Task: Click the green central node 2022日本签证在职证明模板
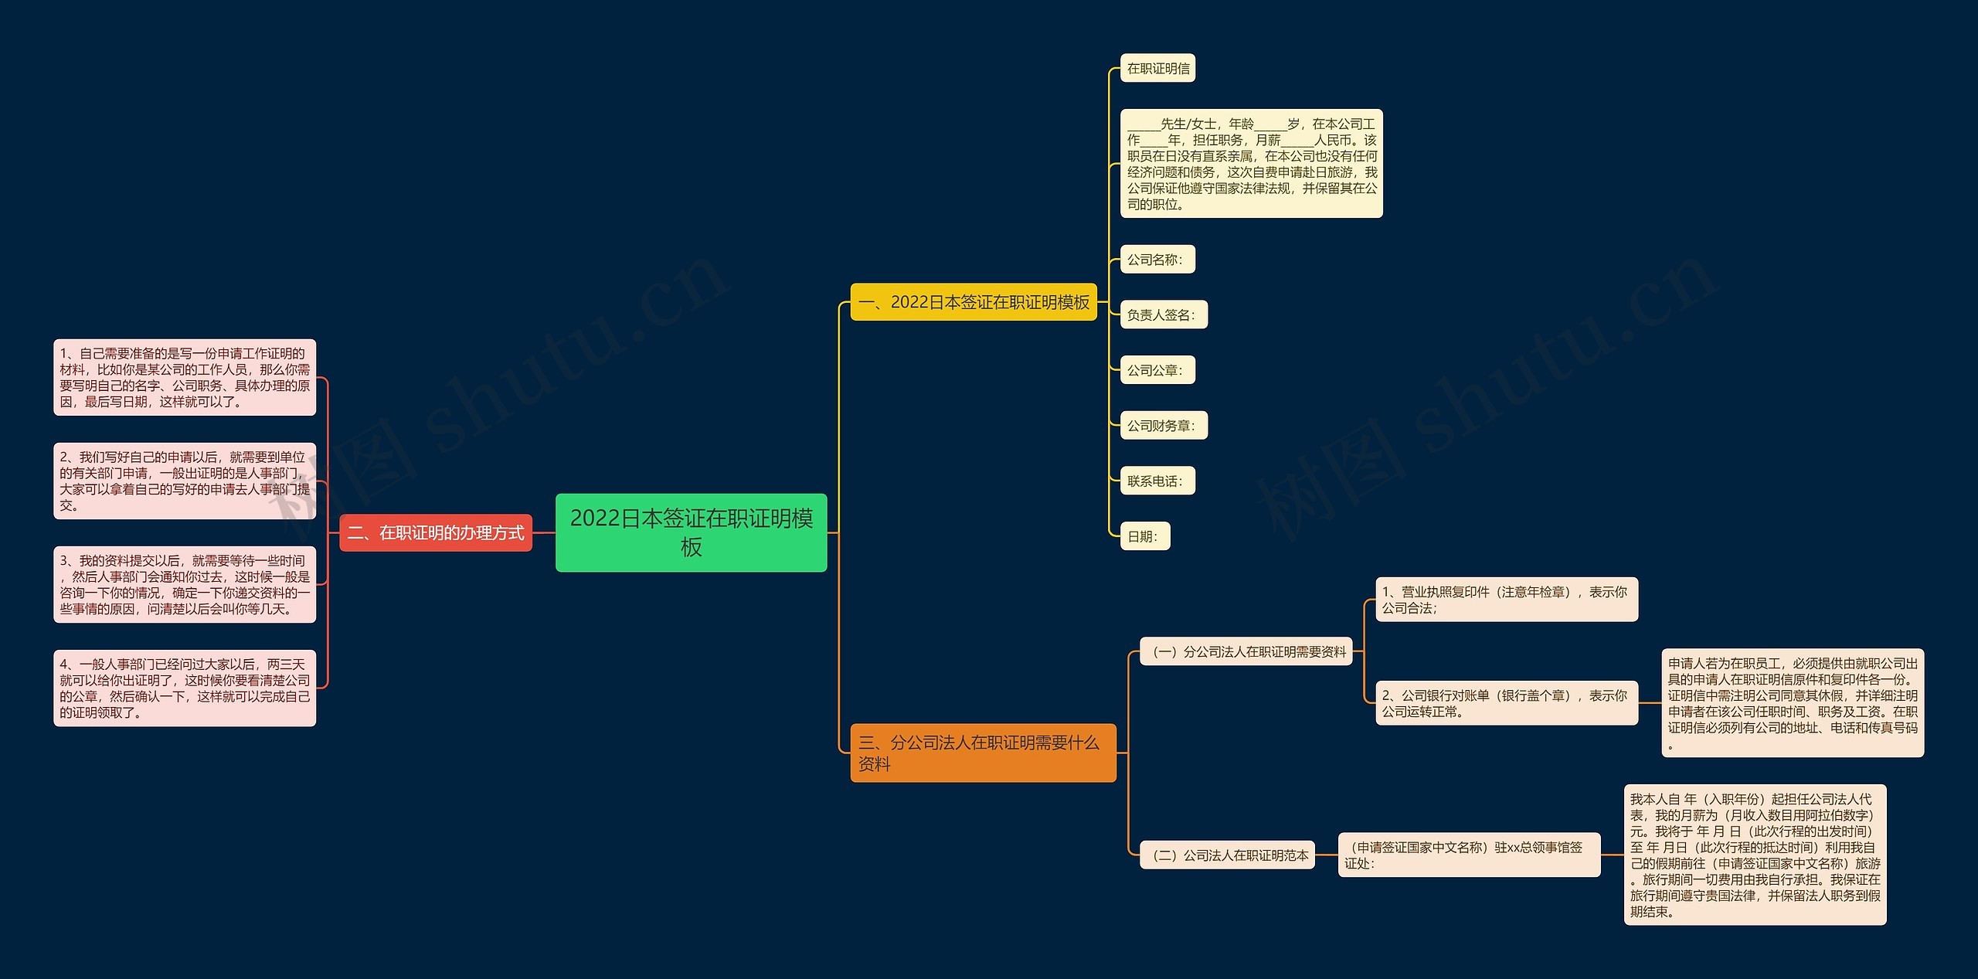691,532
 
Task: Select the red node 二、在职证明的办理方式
436,532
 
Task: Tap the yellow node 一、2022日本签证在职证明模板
974,302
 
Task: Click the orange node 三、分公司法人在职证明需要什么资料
983,753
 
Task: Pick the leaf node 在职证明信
1157,68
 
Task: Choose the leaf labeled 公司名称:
1157,260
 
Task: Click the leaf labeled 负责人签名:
1163,314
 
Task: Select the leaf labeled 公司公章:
1157,370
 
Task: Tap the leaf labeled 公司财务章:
1163,426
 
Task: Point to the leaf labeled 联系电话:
1157,481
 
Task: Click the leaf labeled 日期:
1144,536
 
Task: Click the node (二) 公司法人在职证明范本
1227,855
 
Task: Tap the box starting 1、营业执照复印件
1506,600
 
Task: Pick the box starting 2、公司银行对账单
1506,703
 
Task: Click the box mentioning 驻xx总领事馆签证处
1468,855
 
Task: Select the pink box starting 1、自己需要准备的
185,377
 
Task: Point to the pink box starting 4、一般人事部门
185,688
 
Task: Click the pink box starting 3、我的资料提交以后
185,584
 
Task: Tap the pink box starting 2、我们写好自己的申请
185,481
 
